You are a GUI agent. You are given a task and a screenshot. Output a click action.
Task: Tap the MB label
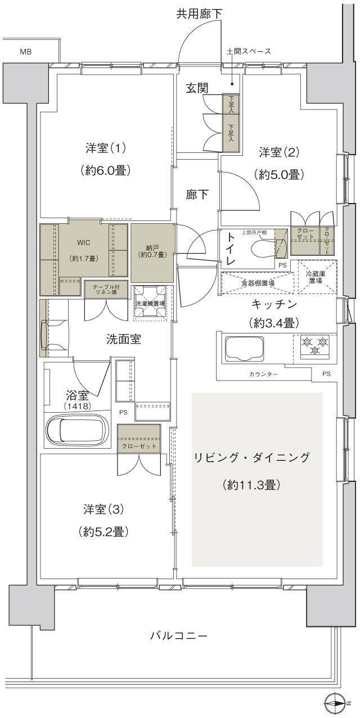point(26,52)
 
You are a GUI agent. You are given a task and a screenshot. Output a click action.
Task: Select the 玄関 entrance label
point(198,88)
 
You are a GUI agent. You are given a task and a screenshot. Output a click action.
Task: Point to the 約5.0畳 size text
point(280,174)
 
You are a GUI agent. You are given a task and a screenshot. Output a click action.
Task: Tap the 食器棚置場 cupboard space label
point(256,283)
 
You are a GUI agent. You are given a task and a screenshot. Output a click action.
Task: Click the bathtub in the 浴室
point(74,430)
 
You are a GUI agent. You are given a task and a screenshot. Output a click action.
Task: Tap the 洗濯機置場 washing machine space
point(150,303)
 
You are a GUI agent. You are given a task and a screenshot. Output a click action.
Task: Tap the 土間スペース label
point(249,52)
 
